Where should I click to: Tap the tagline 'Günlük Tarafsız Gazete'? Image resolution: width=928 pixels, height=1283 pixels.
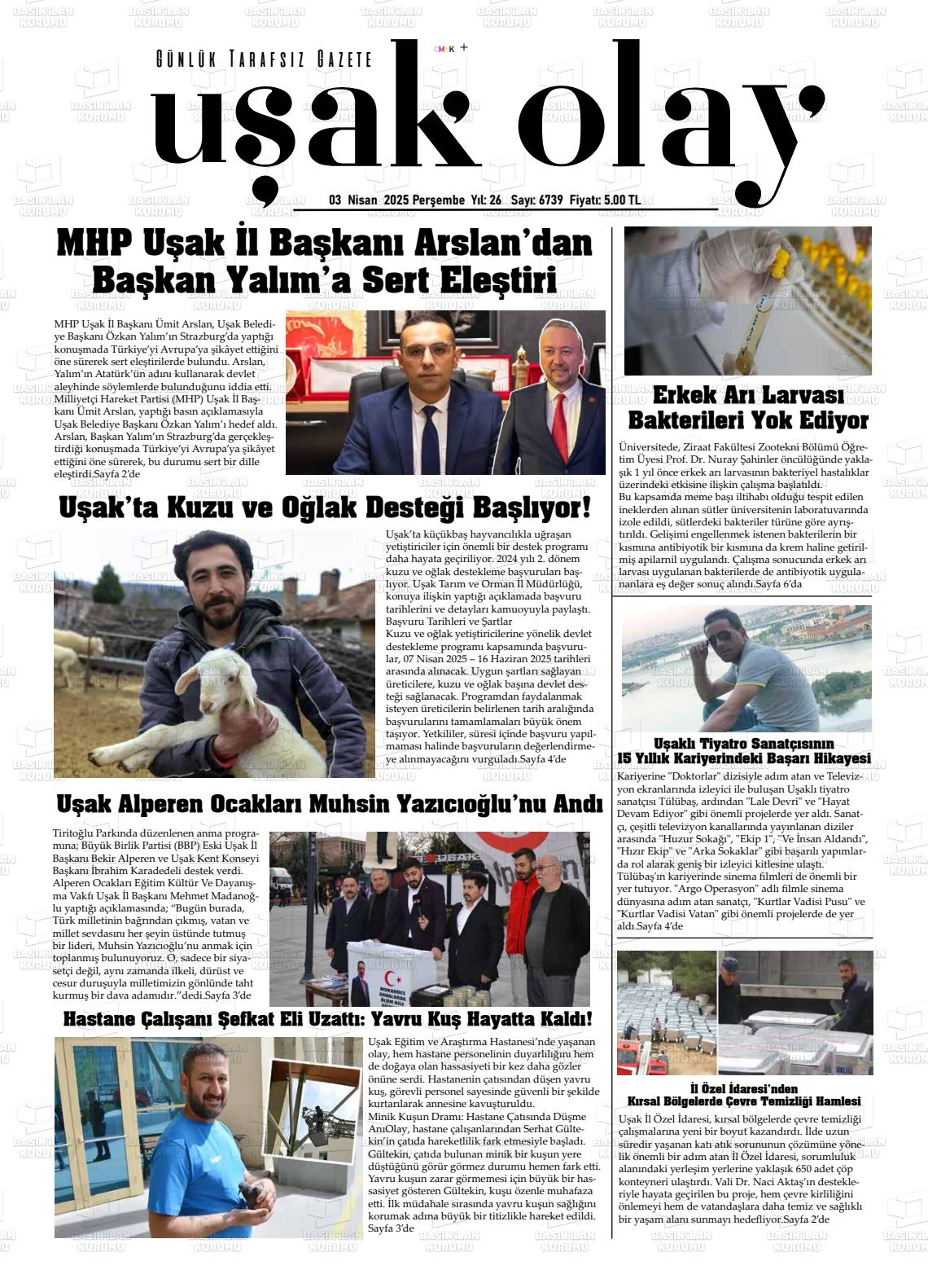(264, 59)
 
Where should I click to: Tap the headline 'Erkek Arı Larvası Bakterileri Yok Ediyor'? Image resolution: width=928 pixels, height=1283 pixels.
(748, 409)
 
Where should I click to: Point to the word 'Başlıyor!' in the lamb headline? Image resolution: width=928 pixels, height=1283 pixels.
(536, 508)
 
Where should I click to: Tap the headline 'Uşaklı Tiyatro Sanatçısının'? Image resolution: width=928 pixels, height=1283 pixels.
(744, 743)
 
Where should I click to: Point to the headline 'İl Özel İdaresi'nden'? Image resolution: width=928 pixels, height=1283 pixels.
(744, 1088)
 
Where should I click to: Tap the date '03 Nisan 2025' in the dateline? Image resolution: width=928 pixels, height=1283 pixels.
(368, 200)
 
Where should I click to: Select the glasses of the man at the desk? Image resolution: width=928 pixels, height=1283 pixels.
(426, 352)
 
